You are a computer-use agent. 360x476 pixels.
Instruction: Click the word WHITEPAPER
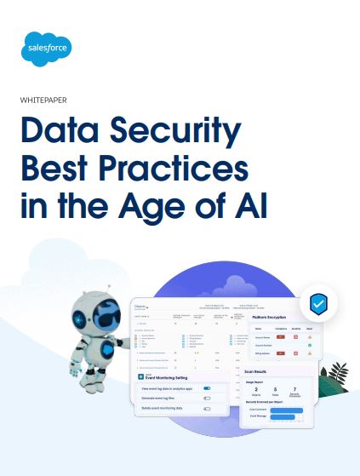point(52,100)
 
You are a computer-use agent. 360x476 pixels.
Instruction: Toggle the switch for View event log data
point(207,387)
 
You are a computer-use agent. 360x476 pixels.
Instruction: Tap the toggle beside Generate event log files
point(207,398)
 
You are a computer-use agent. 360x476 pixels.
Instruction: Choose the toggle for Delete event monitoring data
point(207,408)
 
